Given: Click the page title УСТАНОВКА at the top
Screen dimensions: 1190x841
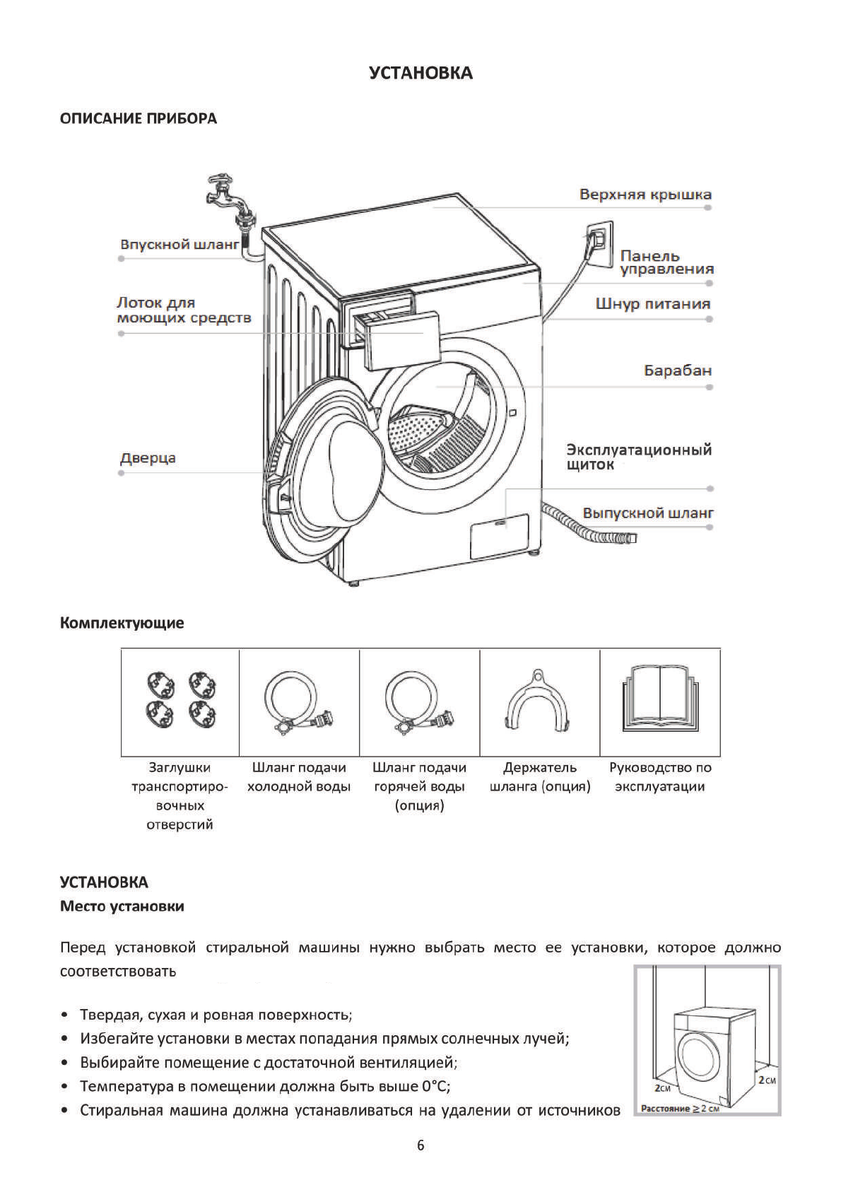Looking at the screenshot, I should (x=420, y=73).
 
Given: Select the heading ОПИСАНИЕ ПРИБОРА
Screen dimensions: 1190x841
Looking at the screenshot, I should (x=139, y=119).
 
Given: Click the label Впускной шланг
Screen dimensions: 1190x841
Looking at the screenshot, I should (x=180, y=245).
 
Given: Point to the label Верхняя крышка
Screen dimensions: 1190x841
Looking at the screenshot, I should (x=645, y=194).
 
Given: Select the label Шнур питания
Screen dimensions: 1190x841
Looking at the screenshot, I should (x=652, y=304).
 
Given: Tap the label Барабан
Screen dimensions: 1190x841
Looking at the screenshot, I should (x=677, y=371).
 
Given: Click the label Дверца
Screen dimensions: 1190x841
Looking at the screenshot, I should (x=148, y=458).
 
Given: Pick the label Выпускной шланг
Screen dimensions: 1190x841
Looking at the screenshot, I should (x=647, y=513).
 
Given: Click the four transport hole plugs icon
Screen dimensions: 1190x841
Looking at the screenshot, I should (x=180, y=700).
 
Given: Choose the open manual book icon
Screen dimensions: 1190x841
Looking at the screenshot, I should (x=660, y=699).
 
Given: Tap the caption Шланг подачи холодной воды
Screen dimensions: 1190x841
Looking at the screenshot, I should (x=299, y=777).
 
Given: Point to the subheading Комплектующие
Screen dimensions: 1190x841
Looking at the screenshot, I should (x=122, y=623).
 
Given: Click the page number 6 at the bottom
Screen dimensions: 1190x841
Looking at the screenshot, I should (x=420, y=1145).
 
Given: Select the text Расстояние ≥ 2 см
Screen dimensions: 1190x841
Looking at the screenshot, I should (x=679, y=1108).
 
